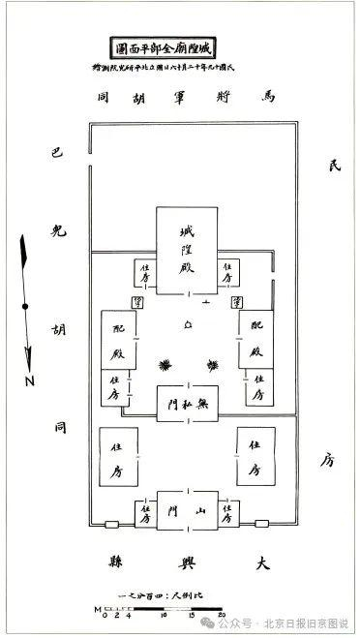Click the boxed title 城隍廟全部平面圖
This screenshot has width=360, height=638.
(x=179, y=46)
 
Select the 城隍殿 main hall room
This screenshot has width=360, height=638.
(x=179, y=251)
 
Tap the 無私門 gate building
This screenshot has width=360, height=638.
(x=179, y=399)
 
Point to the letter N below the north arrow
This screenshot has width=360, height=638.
(x=30, y=380)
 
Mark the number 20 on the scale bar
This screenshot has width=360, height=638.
(x=223, y=614)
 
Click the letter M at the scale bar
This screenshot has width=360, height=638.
(x=98, y=609)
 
